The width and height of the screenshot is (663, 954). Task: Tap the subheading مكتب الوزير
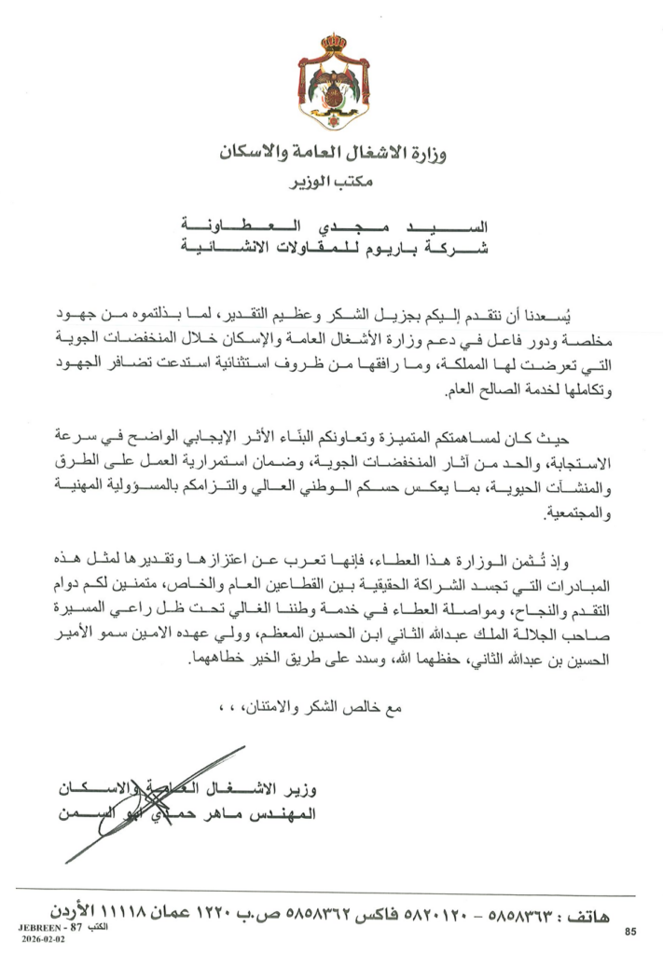[332, 180]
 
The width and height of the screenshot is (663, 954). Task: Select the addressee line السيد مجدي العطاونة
[333, 227]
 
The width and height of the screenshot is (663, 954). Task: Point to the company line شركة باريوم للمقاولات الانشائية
[333, 248]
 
